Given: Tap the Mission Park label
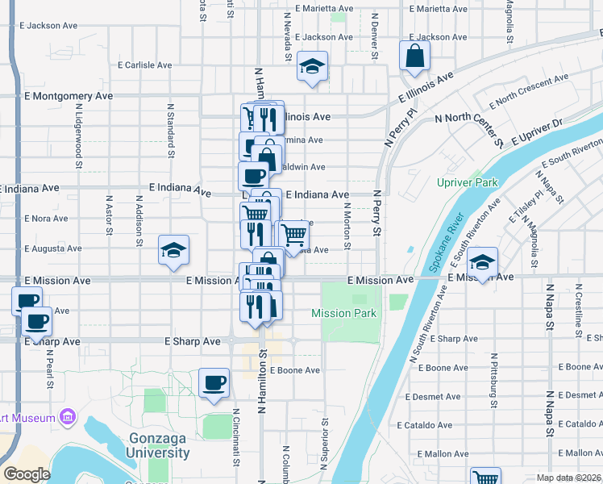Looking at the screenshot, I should [344, 313].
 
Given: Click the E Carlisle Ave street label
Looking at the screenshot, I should [144, 65].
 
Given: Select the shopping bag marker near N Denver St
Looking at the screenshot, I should [414, 56].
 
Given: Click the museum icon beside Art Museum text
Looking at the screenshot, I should [68, 417].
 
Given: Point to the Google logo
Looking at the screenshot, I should [27, 474].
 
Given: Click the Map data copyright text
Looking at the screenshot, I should [568, 478].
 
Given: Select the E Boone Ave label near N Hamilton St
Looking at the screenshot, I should [295, 370].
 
